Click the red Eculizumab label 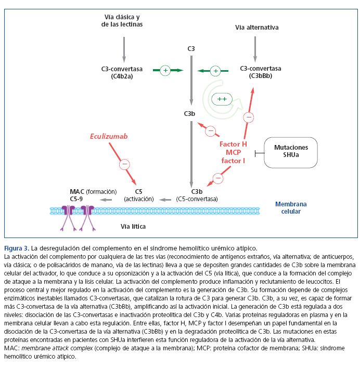point(108,136)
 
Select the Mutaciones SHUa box point(291,151)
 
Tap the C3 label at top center point(191,49)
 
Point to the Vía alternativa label point(256,27)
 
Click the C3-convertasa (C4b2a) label point(123,72)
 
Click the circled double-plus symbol point(222,99)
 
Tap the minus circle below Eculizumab point(124,164)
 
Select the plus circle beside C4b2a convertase point(165,70)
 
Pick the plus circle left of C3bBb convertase point(216,70)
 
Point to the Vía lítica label point(133,227)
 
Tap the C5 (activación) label point(138,194)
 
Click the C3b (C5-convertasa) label point(197,194)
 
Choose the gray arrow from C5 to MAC point(107,199)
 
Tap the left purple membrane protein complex point(68,211)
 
